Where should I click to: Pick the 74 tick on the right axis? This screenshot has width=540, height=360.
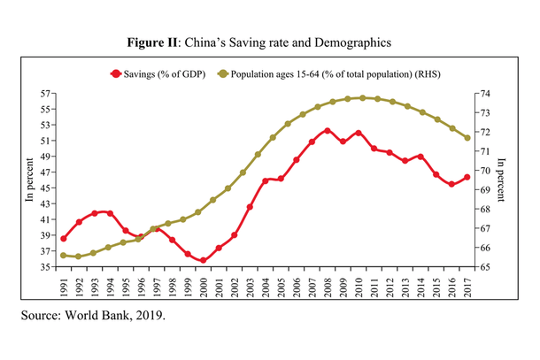[x=486, y=93]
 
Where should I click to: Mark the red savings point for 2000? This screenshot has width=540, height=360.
[x=204, y=261]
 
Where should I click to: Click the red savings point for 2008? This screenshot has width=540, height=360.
[x=328, y=131]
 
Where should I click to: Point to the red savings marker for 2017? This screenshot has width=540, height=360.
[x=467, y=177]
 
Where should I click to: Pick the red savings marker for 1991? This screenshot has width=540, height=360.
[x=64, y=238]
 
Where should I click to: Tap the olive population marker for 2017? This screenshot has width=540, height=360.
[x=467, y=138]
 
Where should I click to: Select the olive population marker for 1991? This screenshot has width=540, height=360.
[x=64, y=256]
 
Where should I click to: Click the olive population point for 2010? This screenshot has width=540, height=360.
[x=359, y=98]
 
